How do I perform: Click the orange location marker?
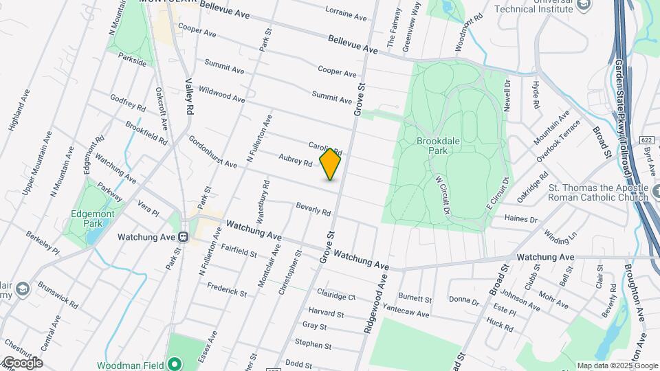click(x=331, y=164)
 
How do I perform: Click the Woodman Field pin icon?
click(x=175, y=363)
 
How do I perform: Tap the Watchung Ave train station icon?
click(x=184, y=236)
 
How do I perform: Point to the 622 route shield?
click(x=645, y=139)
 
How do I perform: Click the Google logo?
click(x=22, y=363)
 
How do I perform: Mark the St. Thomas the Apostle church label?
click(x=598, y=192)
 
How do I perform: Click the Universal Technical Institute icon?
click(x=584, y=6)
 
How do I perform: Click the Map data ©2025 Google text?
click(x=617, y=366)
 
